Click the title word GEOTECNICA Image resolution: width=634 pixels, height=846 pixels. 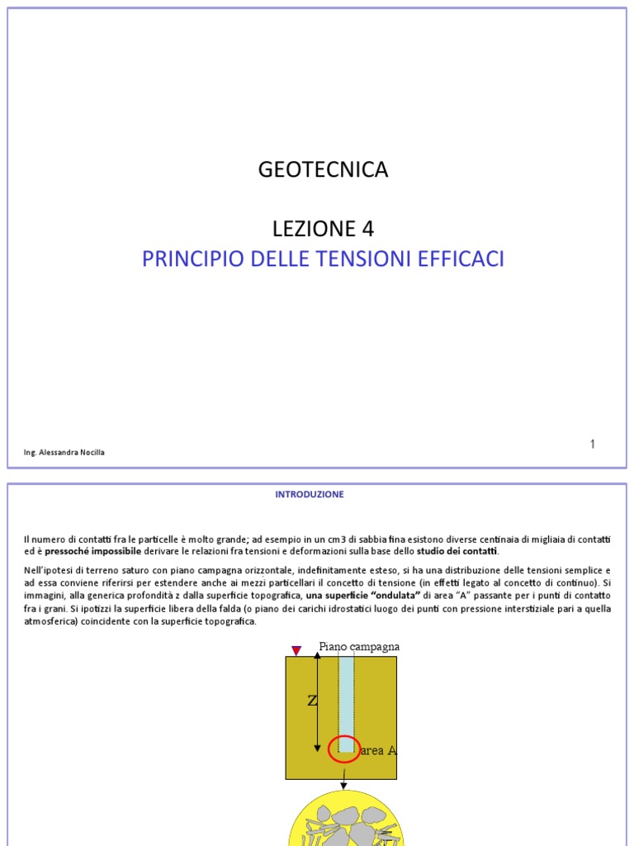coord(323,170)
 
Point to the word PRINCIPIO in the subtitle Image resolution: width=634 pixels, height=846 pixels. coord(183,259)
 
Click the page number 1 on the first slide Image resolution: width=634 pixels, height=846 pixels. coord(592,444)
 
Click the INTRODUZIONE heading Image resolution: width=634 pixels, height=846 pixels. coord(310,494)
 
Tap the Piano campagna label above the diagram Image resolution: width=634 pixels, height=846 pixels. coord(358,646)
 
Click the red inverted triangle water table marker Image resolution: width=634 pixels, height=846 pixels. coord(296,651)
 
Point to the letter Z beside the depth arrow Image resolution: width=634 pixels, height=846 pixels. coord(312,701)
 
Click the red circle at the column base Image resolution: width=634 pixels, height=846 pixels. coord(343,749)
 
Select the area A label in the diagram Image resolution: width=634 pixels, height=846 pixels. coord(379,751)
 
